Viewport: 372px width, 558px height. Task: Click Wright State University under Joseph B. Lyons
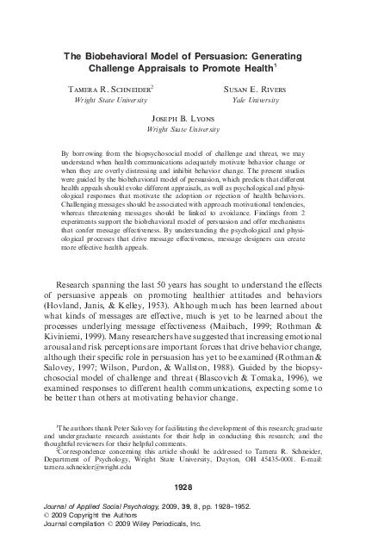coord(184,128)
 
